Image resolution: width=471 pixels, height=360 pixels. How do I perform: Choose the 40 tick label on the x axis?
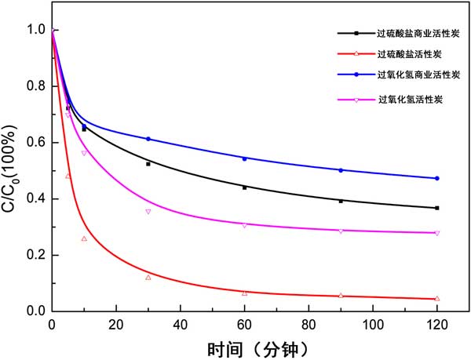click(180, 323)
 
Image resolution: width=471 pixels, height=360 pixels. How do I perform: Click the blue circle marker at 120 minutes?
click(437, 179)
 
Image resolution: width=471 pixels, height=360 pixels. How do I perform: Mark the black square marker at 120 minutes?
click(437, 208)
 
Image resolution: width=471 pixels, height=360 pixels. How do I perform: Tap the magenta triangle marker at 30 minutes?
click(148, 212)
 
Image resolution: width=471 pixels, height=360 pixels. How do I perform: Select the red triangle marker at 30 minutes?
click(148, 277)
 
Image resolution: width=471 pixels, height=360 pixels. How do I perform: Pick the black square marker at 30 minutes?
click(148, 164)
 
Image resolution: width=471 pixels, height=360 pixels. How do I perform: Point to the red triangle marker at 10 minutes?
click(84, 238)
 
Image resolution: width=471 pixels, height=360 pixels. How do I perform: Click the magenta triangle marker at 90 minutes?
click(341, 231)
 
